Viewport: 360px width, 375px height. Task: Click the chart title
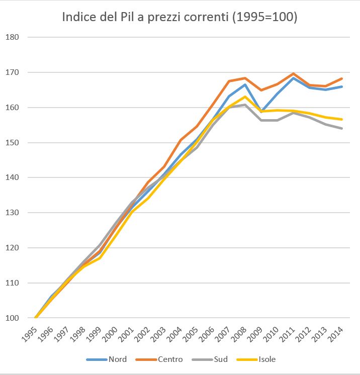point(179,17)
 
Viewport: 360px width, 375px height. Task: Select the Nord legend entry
point(117,359)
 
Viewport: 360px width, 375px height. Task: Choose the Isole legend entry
point(266,359)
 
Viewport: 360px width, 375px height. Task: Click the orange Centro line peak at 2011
point(293,74)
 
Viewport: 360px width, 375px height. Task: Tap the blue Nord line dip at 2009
point(260,111)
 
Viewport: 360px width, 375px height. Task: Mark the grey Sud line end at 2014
point(341,128)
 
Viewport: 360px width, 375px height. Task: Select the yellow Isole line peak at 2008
point(245,97)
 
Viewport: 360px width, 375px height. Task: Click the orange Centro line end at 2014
point(341,78)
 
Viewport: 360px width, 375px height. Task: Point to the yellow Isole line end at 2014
point(341,119)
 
